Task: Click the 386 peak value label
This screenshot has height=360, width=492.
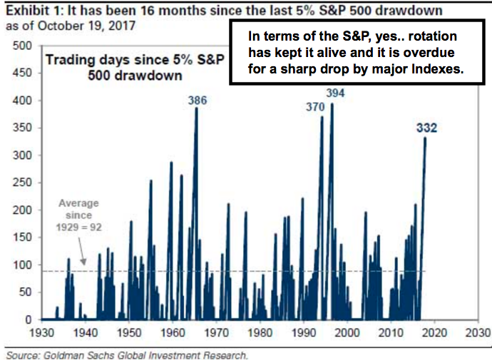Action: pos(197,101)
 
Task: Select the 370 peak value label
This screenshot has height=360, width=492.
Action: pos(315,107)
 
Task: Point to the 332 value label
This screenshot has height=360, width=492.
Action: pos(426,128)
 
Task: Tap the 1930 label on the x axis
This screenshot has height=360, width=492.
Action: pos(41,333)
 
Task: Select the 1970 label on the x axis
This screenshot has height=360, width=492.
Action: pos(216,333)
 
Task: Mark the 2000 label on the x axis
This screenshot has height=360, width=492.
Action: pos(347,333)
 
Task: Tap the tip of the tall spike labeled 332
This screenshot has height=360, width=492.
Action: pos(426,138)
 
